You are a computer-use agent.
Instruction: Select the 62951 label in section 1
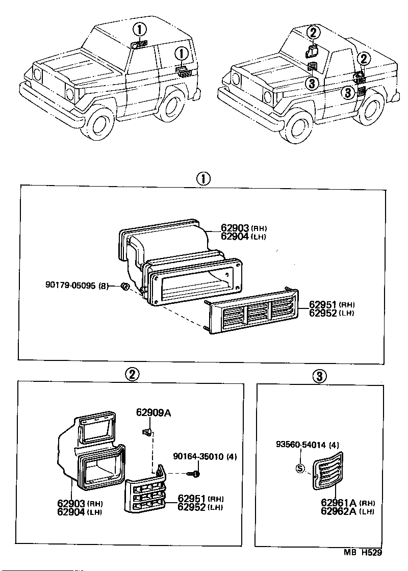[x=323, y=304]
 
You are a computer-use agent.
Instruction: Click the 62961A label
[x=339, y=503]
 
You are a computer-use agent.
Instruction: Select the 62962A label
[x=339, y=511]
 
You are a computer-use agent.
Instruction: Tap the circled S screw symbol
[x=300, y=469]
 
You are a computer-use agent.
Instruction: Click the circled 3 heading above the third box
[x=319, y=377]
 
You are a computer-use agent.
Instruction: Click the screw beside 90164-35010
[x=196, y=474]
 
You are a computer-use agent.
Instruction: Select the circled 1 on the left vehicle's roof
[x=140, y=29]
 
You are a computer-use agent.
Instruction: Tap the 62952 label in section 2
[x=191, y=507]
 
